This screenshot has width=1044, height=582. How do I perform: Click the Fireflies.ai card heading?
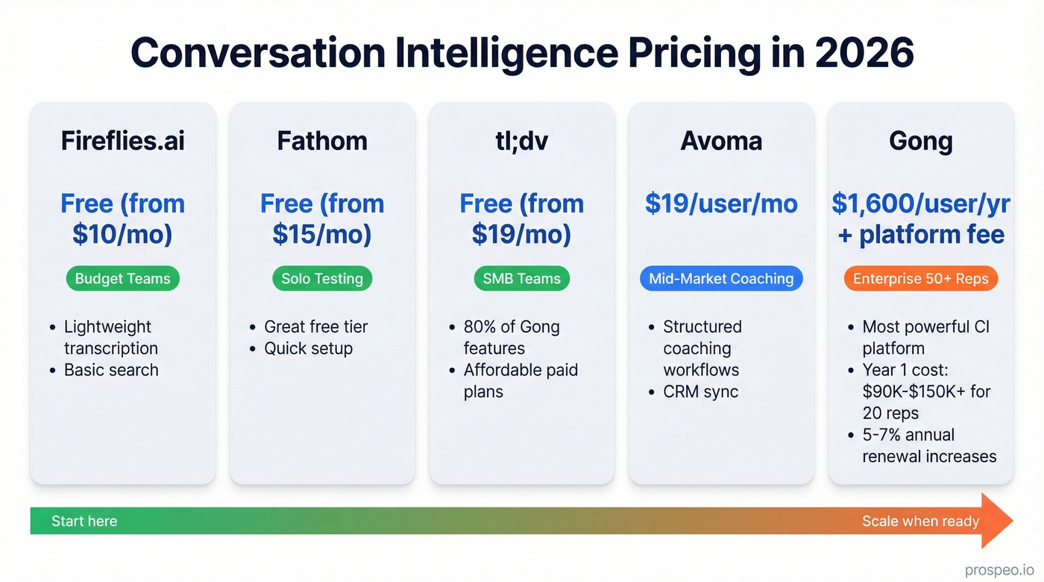click(x=122, y=141)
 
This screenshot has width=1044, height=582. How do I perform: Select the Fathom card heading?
click(x=322, y=141)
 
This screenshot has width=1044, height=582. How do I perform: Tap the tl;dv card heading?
click(x=521, y=141)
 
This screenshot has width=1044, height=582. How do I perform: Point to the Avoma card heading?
click(x=721, y=141)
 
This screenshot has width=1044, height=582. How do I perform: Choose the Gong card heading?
click(x=920, y=141)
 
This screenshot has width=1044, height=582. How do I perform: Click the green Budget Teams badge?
click(x=122, y=279)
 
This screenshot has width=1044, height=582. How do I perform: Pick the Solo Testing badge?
click(x=322, y=279)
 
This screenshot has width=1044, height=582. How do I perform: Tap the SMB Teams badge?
click(x=521, y=279)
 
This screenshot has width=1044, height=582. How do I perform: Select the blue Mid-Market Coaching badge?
click(x=721, y=279)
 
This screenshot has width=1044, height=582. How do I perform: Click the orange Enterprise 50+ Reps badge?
click(x=920, y=279)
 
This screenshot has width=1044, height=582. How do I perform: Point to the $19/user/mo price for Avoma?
click(x=721, y=203)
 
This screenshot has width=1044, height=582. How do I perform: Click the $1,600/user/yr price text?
click(x=920, y=203)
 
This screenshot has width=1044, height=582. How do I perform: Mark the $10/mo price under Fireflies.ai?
click(x=122, y=234)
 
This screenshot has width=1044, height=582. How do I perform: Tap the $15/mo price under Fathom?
click(x=322, y=234)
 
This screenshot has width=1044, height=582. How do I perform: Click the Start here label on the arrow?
click(x=84, y=521)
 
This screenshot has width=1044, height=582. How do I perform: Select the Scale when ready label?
click(x=920, y=521)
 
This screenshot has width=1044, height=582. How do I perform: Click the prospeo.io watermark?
click(x=999, y=569)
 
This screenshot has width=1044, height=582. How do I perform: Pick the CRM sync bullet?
click(x=700, y=391)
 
